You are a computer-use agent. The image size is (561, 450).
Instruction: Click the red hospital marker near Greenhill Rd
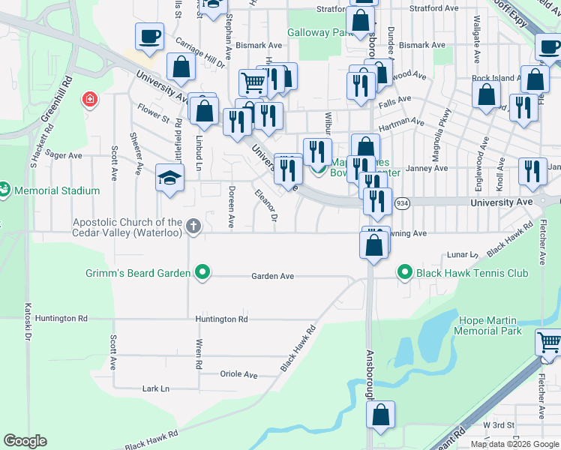90,99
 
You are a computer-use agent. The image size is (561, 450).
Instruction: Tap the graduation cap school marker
170,178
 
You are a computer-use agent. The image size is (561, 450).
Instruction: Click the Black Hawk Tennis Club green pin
406,273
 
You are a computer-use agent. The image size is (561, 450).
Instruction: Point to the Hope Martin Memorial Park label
488,325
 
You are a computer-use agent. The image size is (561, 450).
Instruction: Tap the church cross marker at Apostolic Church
193,226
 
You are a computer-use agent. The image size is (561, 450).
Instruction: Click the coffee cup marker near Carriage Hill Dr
149,36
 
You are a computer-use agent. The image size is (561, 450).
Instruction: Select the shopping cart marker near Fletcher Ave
549,343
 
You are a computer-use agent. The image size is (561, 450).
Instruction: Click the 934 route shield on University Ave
403,203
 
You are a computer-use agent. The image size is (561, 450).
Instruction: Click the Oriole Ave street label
238,374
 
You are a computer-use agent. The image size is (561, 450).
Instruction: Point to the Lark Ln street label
156,388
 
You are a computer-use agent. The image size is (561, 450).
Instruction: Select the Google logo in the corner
25,441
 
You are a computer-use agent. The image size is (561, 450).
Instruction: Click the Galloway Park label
319,33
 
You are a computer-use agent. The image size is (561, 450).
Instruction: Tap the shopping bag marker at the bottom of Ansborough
381,415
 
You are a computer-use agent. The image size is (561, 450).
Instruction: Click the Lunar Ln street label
463,255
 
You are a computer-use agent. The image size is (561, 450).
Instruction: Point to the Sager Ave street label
64,155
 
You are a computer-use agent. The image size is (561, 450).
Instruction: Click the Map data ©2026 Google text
514,444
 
